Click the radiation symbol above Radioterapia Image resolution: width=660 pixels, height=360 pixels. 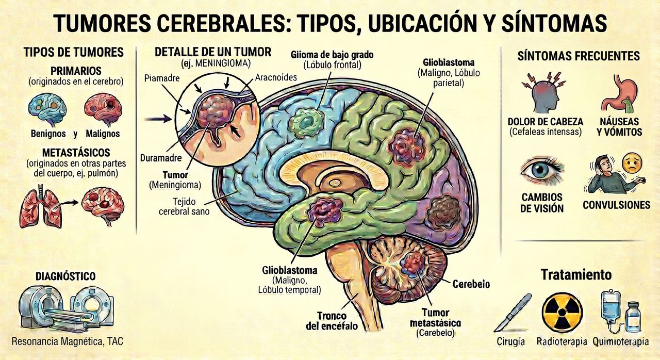[562, 313]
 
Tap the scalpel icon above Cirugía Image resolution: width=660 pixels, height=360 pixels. [513, 312]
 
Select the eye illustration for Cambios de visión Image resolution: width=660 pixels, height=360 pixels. [541, 170]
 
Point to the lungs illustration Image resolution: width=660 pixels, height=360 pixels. [41, 206]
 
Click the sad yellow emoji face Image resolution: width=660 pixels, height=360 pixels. [632, 163]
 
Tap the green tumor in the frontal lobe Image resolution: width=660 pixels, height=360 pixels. [306, 123]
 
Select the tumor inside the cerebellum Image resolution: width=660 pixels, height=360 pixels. [414, 265]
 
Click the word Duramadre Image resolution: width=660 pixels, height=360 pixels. [160, 158]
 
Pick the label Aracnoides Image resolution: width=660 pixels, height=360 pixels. [276, 77]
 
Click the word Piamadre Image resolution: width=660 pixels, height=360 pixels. [162, 78]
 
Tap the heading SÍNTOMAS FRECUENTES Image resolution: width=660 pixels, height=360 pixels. [579, 56]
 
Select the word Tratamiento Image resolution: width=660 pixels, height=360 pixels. [576, 274]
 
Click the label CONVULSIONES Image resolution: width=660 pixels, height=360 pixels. [616, 205]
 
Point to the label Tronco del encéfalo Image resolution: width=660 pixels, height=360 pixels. [332, 321]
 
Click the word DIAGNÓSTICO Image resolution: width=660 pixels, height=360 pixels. [65, 276]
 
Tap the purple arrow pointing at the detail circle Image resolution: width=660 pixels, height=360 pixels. [158, 119]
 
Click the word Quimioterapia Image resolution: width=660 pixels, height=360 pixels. [620, 342]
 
